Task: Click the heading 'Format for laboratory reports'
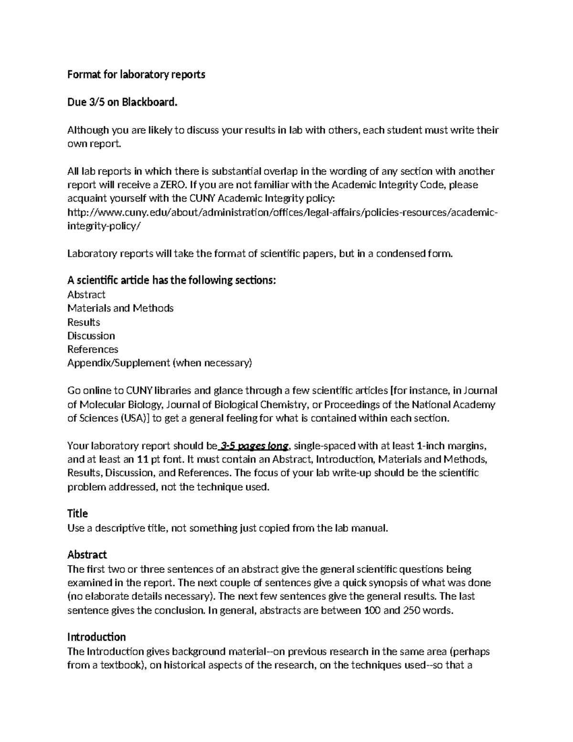point(136,75)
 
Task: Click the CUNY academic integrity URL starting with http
point(282,213)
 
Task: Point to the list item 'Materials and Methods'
point(120,308)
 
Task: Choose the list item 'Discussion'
point(91,336)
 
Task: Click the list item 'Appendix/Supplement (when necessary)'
point(159,363)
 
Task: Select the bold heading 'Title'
point(77,514)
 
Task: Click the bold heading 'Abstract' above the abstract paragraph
point(87,555)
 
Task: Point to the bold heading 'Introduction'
point(96,637)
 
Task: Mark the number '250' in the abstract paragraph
point(412,610)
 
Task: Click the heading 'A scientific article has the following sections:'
point(172,280)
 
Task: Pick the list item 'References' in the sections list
point(93,349)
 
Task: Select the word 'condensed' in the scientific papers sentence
point(399,254)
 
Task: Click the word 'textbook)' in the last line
point(125,665)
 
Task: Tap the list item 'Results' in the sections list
point(84,322)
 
